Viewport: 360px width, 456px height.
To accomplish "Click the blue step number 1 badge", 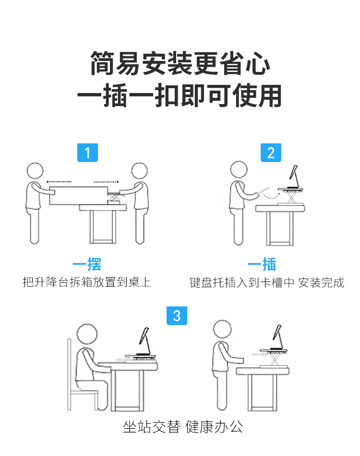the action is pyautogui.click(x=87, y=152).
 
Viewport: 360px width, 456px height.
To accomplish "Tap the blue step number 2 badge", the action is pyautogui.click(x=271, y=152).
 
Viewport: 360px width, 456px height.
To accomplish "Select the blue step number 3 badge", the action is pyautogui.click(x=177, y=316).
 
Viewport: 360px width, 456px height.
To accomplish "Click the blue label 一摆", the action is pyautogui.click(x=87, y=264).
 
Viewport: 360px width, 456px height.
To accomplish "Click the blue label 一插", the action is pyautogui.click(x=262, y=264).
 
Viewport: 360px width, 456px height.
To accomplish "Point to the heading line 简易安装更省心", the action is pyautogui.click(x=180, y=63).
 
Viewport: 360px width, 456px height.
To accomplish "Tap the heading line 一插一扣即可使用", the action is pyautogui.click(x=180, y=95).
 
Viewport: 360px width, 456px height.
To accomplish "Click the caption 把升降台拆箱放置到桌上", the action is pyautogui.click(x=87, y=282).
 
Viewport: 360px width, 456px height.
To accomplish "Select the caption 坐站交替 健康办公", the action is pyautogui.click(x=183, y=427).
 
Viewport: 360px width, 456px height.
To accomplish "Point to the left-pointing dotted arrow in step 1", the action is pyautogui.click(x=59, y=182).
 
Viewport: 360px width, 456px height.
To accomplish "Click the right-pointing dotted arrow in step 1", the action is pyautogui.click(x=106, y=182).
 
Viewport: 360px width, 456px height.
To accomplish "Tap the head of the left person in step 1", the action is pyautogui.click(x=35, y=171).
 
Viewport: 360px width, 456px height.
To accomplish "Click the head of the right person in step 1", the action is pyautogui.click(x=139, y=171).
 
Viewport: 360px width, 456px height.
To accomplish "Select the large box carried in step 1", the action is pyautogui.click(x=79, y=196).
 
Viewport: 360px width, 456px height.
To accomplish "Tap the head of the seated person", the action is pyautogui.click(x=87, y=334).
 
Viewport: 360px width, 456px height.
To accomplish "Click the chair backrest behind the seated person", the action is pyautogui.click(x=69, y=374).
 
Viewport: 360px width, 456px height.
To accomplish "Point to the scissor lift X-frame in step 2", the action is pyautogui.click(x=291, y=198).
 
